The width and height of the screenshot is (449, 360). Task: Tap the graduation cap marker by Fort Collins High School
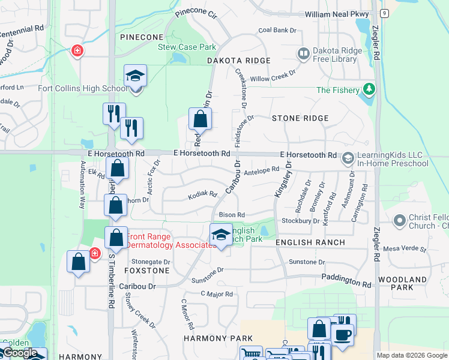point(136,77)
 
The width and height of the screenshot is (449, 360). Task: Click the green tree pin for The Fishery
point(369,91)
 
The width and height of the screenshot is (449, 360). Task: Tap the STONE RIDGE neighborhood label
point(300,118)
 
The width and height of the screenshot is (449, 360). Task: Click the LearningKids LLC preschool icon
point(347,158)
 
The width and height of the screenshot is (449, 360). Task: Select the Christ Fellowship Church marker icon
point(400,221)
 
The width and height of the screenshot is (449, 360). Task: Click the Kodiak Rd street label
point(202,194)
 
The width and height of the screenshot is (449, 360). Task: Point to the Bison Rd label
point(232,215)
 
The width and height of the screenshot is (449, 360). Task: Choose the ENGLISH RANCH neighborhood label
point(310,242)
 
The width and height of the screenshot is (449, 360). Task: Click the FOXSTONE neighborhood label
point(147,271)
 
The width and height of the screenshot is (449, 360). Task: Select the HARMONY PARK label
point(218,338)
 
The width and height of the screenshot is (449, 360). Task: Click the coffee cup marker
point(343,335)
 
